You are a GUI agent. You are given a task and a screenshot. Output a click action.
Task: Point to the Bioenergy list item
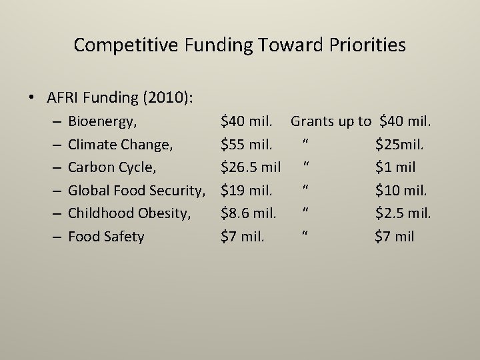pos(103,121)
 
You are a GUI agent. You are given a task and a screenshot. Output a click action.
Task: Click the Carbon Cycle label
pos(111,167)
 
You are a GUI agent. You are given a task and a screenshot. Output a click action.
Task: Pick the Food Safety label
pos(106,236)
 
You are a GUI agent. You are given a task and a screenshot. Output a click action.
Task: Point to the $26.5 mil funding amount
pos(251,167)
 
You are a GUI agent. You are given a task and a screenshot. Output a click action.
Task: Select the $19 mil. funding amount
pos(247,190)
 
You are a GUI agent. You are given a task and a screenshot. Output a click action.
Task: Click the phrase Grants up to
pos(331,121)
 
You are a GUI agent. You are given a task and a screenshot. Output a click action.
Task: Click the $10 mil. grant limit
pos(401,190)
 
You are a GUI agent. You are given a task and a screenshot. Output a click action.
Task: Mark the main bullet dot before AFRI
pos(32,98)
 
